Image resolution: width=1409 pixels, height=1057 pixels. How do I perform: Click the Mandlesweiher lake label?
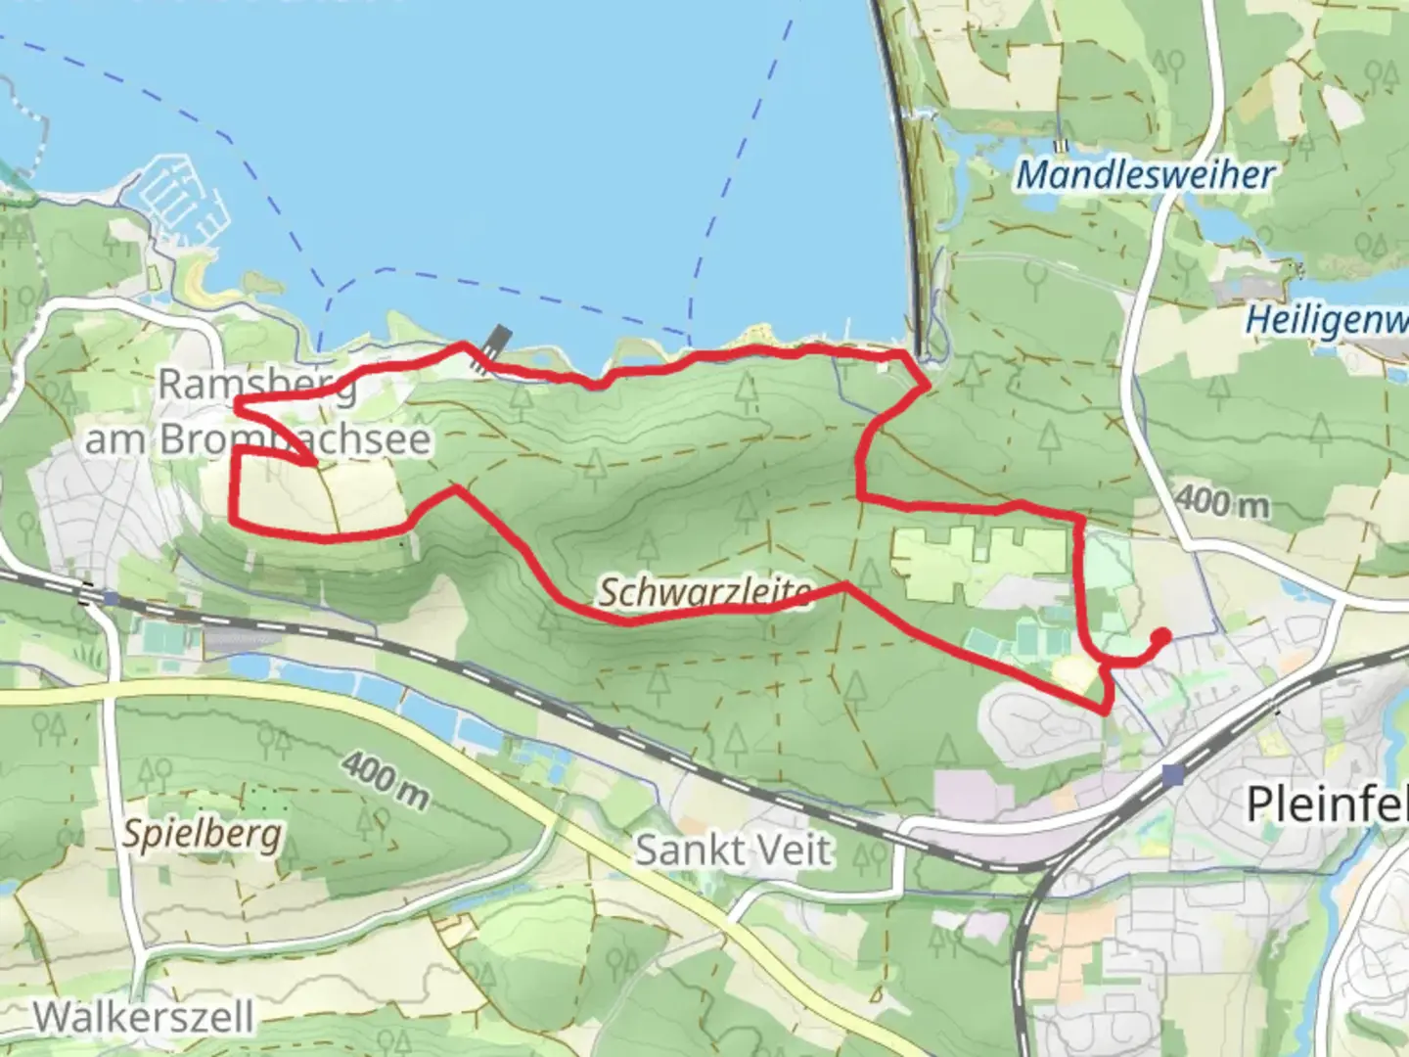1145,176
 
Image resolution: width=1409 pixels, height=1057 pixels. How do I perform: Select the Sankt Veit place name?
734,850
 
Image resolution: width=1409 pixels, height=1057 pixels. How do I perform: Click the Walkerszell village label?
143,1017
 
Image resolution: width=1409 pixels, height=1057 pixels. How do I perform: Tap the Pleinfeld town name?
1327,804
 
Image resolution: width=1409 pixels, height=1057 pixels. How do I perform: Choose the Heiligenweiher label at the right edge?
1327,320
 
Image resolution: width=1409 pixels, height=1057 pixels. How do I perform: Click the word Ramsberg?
256,385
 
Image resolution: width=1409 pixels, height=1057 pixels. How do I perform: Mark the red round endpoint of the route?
1161,636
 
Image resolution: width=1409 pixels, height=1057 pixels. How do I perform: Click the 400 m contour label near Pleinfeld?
1221,502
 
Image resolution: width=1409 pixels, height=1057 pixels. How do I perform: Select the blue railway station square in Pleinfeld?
1173,775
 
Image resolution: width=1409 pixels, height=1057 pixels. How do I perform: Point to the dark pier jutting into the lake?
493,345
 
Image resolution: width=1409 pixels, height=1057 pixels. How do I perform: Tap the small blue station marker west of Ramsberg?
111,598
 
